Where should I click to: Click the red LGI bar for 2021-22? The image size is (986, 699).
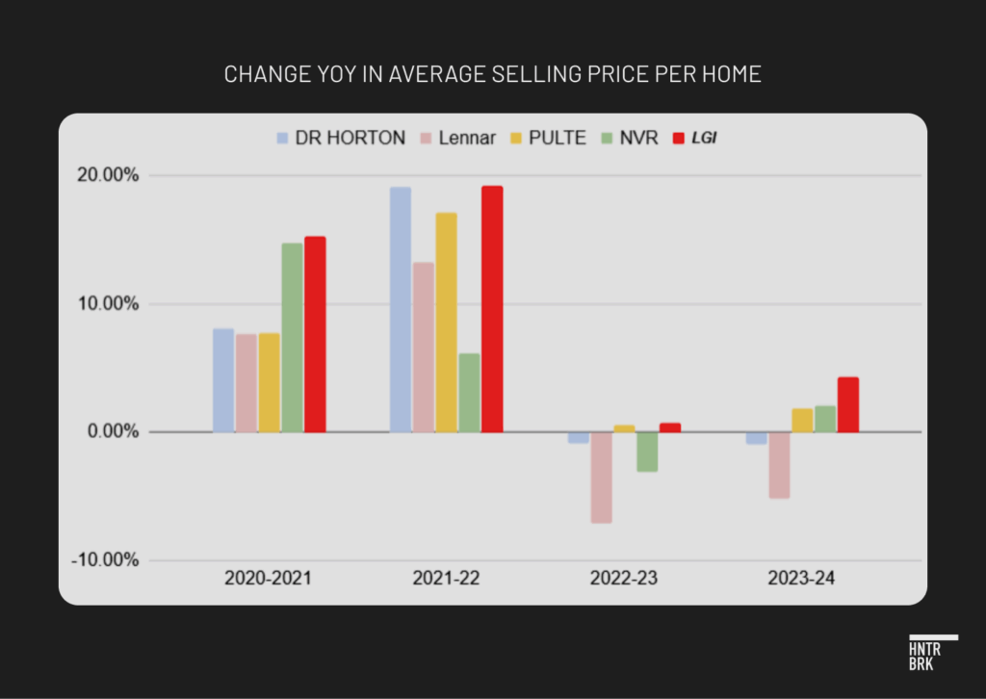(492, 308)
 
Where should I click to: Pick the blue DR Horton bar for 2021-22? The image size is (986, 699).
(400, 309)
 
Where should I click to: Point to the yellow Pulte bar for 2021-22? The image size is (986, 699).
(446, 322)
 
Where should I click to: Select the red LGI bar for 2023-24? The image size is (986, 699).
(848, 404)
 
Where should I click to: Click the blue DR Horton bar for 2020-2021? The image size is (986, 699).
(223, 380)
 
